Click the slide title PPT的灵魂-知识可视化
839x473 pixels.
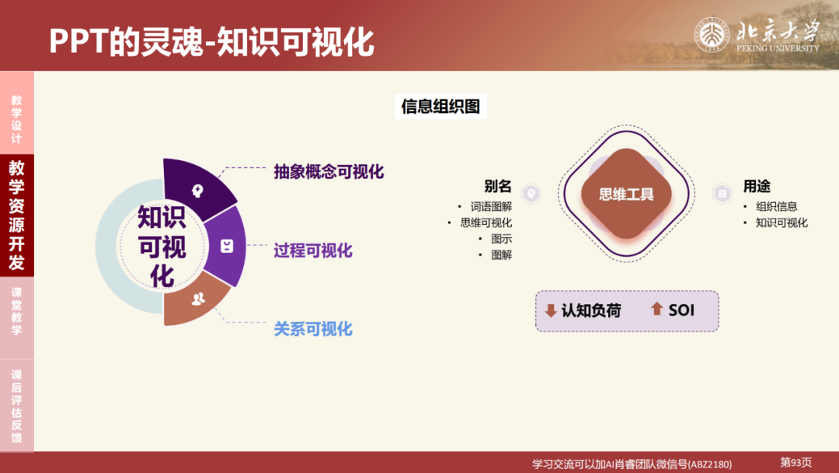[211, 42]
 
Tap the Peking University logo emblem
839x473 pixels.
[709, 35]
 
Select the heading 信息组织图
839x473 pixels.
[440, 107]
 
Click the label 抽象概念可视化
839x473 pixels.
[329, 172]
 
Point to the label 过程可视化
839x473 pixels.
[313, 251]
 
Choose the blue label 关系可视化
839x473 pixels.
[313, 329]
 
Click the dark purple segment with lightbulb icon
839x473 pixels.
[197, 188]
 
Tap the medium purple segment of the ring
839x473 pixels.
[226, 246]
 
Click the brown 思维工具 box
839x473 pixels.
[626, 194]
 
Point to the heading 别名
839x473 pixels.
[497, 187]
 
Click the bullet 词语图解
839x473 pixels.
[491, 207]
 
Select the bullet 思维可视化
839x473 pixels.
[486, 223]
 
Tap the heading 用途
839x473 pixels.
[757, 187]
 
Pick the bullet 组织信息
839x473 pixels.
[776, 207]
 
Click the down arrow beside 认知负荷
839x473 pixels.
[551, 311]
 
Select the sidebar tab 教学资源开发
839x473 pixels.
[16, 214]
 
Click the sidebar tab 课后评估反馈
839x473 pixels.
[16, 405]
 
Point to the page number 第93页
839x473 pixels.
[795, 463]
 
